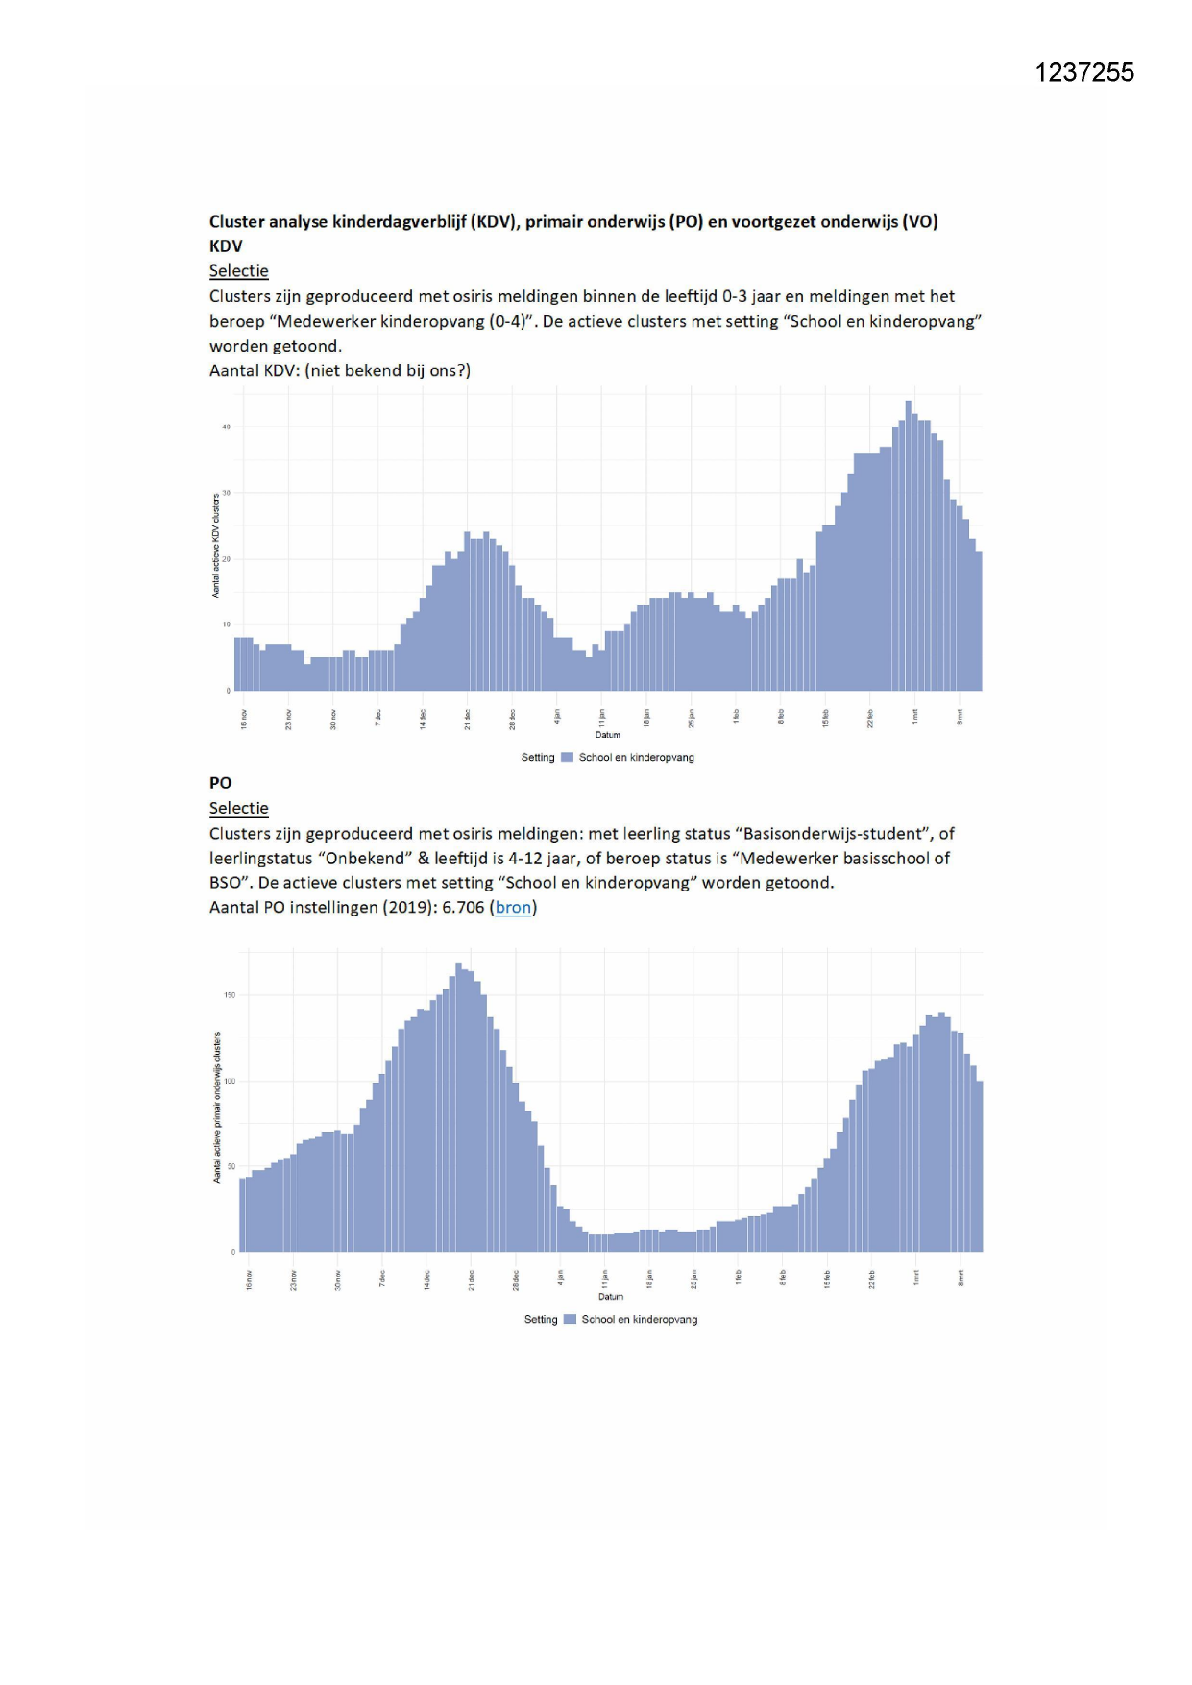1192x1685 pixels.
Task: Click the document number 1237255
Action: (x=1084, y=73)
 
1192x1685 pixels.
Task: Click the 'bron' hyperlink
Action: (x=513, y=907)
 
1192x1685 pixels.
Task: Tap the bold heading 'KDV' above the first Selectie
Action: (x=226, y=246)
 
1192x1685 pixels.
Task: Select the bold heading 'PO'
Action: (x=220, y=783)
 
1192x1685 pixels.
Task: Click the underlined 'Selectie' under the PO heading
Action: (x=238, y=808)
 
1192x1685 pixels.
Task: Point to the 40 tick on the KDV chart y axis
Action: (x=227, y=427)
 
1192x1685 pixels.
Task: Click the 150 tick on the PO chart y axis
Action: (x=230, y=995)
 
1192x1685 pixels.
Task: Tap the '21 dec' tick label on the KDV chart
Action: (x=468, y=720)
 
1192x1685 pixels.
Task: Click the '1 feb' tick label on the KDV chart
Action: (x=736, y=717)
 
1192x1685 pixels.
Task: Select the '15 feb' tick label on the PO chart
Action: (x=827, y=1279)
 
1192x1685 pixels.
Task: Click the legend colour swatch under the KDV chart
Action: (x=568, y=757)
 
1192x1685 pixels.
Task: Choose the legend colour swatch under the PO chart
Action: (x=571, y=1319)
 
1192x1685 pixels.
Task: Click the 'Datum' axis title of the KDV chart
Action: (x=608, y=735)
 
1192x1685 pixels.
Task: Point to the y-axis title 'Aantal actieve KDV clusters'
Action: (x=216, y=546)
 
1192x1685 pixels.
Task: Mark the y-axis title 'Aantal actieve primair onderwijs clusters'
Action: (x=218, y=1107)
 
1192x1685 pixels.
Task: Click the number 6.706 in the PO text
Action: (x=463, y=907)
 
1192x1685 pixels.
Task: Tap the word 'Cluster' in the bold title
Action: (x=236, y=221)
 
